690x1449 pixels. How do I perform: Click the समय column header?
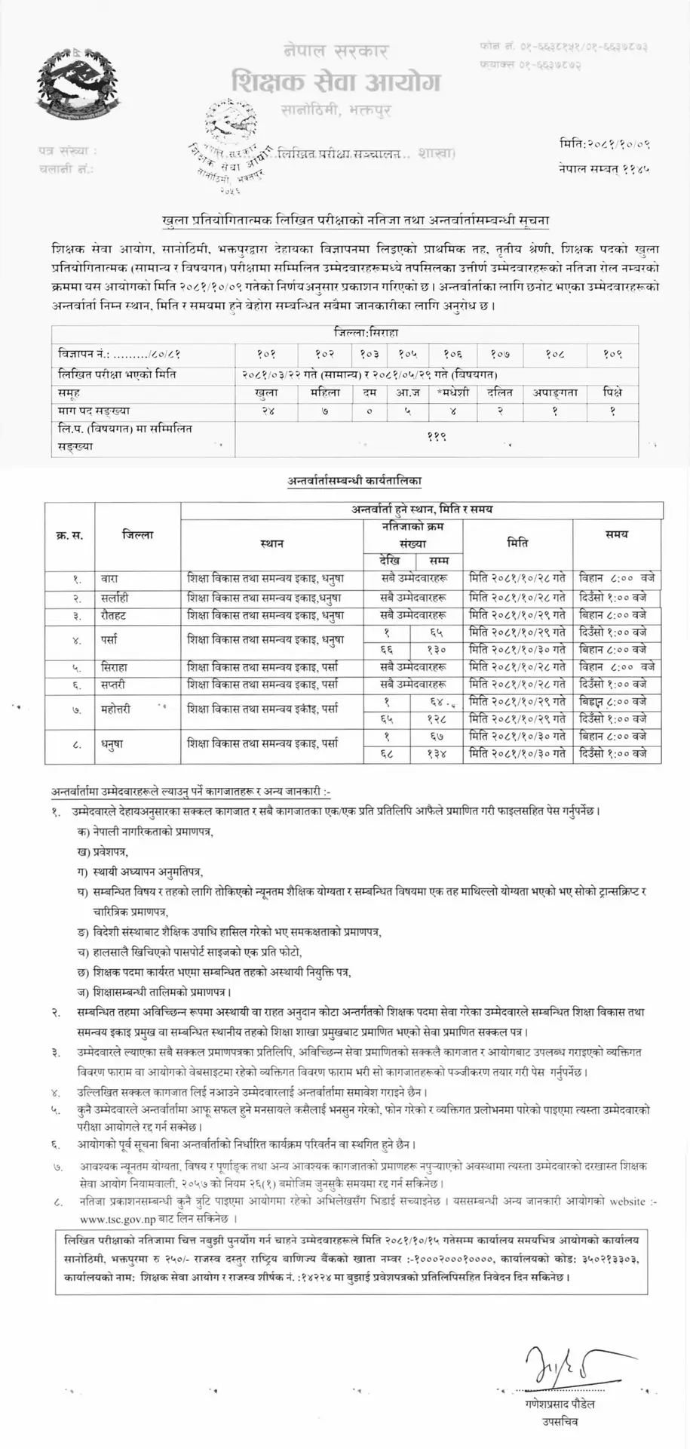point(616,534)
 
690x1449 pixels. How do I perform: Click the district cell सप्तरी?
point(116,684)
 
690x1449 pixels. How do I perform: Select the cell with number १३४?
point(438,753)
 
